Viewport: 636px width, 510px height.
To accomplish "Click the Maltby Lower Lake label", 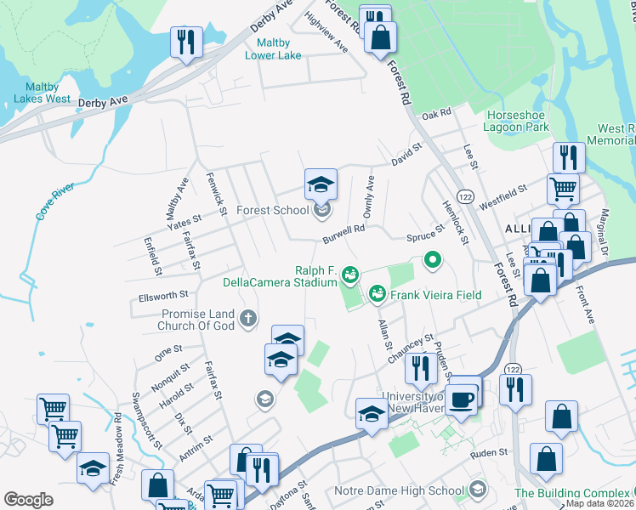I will [x=273, y=49].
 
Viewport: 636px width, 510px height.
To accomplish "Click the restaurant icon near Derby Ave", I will [x=184, y=42].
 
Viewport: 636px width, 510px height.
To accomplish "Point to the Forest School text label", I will [x=272, y=210].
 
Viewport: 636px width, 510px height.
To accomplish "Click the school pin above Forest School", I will [x=321, y=184].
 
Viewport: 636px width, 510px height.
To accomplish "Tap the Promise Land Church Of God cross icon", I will [x=247, y=320].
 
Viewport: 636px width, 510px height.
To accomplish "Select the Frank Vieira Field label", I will [x=435, y=295].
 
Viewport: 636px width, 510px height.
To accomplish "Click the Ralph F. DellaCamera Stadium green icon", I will [x=349, y=274].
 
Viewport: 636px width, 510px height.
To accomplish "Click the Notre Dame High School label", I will [x=412, y=490].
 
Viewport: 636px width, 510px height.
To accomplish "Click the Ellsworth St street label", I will [x=162, y=296].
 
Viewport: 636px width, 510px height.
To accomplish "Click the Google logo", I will [x=28, y=500].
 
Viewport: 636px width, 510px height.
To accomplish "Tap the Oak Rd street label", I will [x=434, y=114].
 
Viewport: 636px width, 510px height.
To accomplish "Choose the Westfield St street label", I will [x=503, y=199].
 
